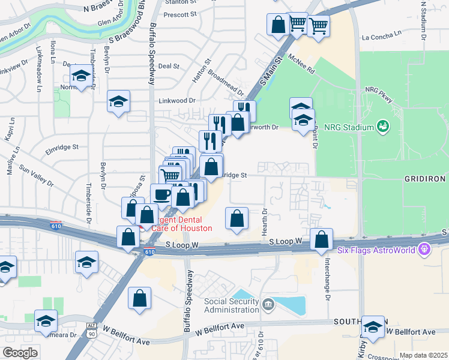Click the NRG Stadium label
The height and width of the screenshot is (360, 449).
click(x=349, y=127)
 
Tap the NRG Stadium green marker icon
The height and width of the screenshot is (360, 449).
click(x=382, y=127)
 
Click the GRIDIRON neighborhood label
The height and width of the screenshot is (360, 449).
click(x=429, y=179)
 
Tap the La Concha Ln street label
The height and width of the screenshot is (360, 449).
click(x=384, y=37)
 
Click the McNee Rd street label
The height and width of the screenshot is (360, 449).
click(x=301, y=62)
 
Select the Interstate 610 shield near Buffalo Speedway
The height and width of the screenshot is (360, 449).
click(x=149, y=254)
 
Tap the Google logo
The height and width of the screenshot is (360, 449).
click(x=20, y=353)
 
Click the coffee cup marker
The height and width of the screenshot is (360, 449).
click(x=161, y=194)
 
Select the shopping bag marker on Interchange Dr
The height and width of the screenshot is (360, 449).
click(x=322, y=239)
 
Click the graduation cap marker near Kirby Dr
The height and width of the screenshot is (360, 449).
click(x=373, y=328)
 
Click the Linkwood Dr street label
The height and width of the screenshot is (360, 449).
click(x=177, y=100)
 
